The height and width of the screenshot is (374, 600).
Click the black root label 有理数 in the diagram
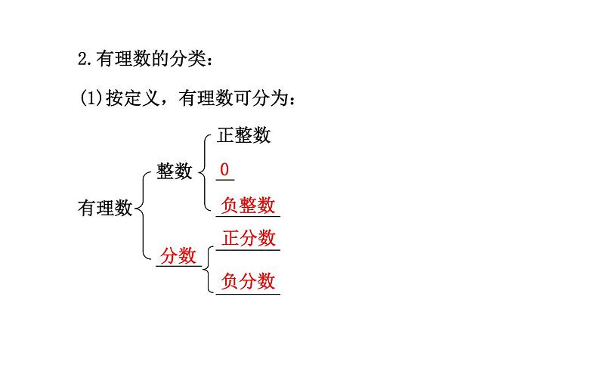(105, 208)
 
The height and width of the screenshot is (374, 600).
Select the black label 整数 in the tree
(175, 172)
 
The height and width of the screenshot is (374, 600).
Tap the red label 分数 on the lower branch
(178, 255)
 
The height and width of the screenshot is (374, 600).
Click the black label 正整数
(243, 135)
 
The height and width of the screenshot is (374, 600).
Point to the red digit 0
(224, 170)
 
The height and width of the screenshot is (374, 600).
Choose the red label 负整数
(248, 206)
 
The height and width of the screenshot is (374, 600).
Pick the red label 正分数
(248, 238)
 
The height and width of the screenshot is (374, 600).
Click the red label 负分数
(248, 281)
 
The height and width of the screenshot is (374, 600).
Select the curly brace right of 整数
(203, 171)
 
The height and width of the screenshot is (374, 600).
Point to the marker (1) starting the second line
(90, 97)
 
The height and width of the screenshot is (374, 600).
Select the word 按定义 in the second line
(129, 97)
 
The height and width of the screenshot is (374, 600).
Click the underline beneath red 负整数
(248, 217)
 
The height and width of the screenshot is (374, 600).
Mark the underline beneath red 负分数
(248, 293)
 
